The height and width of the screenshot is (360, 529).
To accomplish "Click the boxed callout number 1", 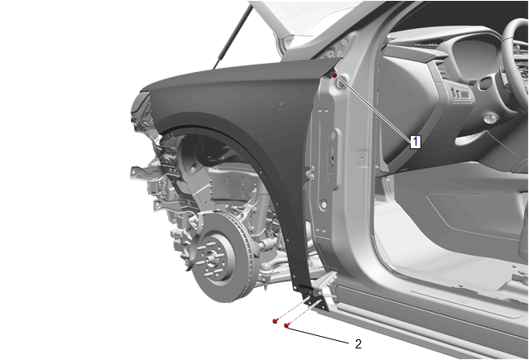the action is [416, 142].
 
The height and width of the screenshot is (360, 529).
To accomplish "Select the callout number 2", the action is [358, 343].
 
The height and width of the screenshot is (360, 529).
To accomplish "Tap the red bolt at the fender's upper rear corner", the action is [334, 75].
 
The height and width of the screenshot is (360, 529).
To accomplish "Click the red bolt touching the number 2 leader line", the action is [286, 325].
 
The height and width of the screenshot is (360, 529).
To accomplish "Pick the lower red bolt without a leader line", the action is [276, 321].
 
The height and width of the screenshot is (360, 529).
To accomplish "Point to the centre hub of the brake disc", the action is [212, 259].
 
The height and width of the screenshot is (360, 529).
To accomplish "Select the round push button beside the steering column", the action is [490, 119].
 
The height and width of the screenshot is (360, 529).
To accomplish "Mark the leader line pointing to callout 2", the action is [318, 334].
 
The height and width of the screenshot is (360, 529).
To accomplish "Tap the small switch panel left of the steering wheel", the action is [460, 94].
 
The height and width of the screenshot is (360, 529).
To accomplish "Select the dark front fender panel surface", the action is [236, 101].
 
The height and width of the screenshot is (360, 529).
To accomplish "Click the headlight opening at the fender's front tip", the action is [142, 108].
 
